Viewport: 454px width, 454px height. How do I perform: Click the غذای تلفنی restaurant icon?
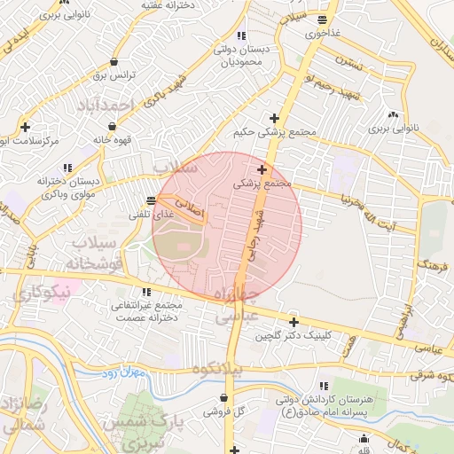152,200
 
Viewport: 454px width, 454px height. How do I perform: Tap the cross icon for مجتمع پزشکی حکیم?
275,118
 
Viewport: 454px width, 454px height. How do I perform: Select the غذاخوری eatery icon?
323,20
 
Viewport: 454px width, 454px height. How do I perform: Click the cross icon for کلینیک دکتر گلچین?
294,322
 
